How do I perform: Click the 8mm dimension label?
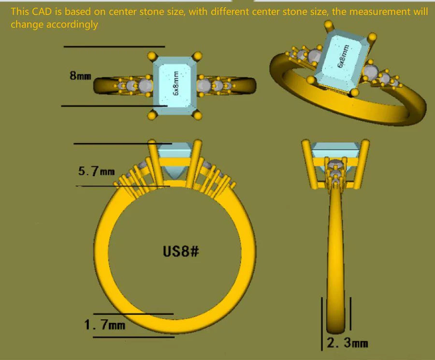[x=80, y=75]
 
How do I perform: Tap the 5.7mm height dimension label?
[x=96, y=171]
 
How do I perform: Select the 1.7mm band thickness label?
[x=104, y=325]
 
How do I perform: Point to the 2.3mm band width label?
[x=348, y=343]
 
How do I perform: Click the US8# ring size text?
[x=181, y=252]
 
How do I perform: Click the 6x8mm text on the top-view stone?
[x=175, y=83]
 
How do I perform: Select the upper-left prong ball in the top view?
[x=152, y=56]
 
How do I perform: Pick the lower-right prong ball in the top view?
[x=198, y=115]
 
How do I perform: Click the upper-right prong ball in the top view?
[x=197, y=56]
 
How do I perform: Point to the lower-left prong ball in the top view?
[x=152, y=115]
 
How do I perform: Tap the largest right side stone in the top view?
[x=204, y=86]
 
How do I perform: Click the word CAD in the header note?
[x=42, y=12]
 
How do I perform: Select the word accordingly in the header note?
[x=72, y=25]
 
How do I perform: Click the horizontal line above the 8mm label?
[x=114, y=46]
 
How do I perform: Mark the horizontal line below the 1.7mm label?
[x=134, y=337]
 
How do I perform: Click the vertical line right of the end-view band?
[x=351, y=314]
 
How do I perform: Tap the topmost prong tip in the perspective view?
[x=329, y=25]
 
